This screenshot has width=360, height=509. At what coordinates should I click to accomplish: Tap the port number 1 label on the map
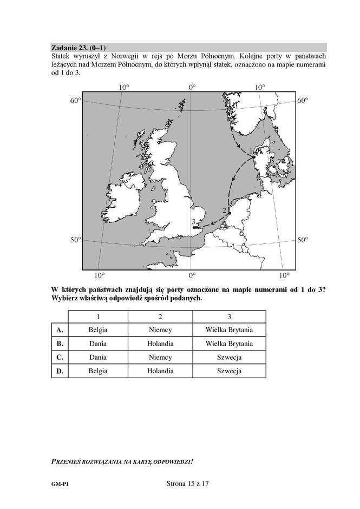[250, 151]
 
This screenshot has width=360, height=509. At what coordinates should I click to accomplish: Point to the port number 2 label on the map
[224, 210]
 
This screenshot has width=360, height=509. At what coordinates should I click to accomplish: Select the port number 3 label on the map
[193, 222]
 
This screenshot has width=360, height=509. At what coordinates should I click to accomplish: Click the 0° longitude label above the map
[191, 87]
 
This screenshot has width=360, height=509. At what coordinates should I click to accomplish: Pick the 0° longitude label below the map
[192, 275]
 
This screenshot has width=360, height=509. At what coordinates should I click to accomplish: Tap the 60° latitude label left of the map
[75, 101]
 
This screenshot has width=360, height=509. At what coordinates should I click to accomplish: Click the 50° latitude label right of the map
[303, 240]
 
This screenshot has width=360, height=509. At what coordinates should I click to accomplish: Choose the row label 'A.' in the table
[60, 329]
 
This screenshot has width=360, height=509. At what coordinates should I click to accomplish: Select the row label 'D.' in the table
[60, 371]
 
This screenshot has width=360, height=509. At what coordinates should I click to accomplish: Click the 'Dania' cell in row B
[98, 343]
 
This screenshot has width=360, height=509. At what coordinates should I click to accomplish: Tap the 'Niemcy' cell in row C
[160, 357]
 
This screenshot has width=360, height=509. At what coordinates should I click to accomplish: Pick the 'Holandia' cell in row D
[160, 371]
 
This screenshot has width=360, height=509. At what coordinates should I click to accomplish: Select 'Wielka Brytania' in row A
[229, 329]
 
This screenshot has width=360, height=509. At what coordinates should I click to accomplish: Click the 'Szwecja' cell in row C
[229, 357]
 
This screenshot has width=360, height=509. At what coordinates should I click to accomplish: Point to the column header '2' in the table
[160, 316]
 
